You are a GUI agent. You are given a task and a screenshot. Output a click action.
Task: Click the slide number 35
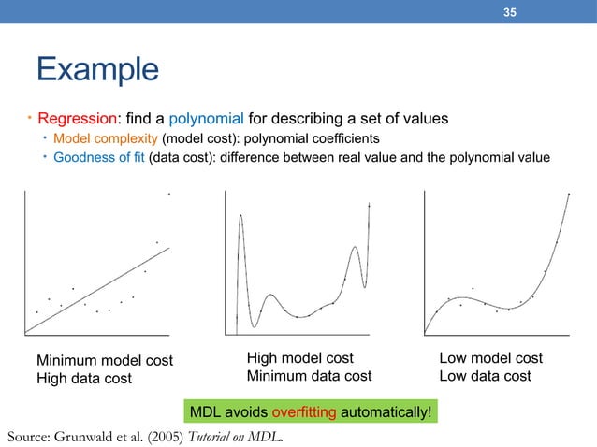click(511, 12)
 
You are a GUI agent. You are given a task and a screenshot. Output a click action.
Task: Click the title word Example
click(96, 69)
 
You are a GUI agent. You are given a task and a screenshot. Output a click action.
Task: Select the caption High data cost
click(84, 379)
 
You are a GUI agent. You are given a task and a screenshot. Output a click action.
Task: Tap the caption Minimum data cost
click(308, 377)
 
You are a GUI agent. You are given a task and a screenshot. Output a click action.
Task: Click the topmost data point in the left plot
click(169, 194)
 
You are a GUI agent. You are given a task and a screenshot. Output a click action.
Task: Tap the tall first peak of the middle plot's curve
click(241, 216)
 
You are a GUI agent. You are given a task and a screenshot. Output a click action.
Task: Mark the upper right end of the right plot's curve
click(568, 195)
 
